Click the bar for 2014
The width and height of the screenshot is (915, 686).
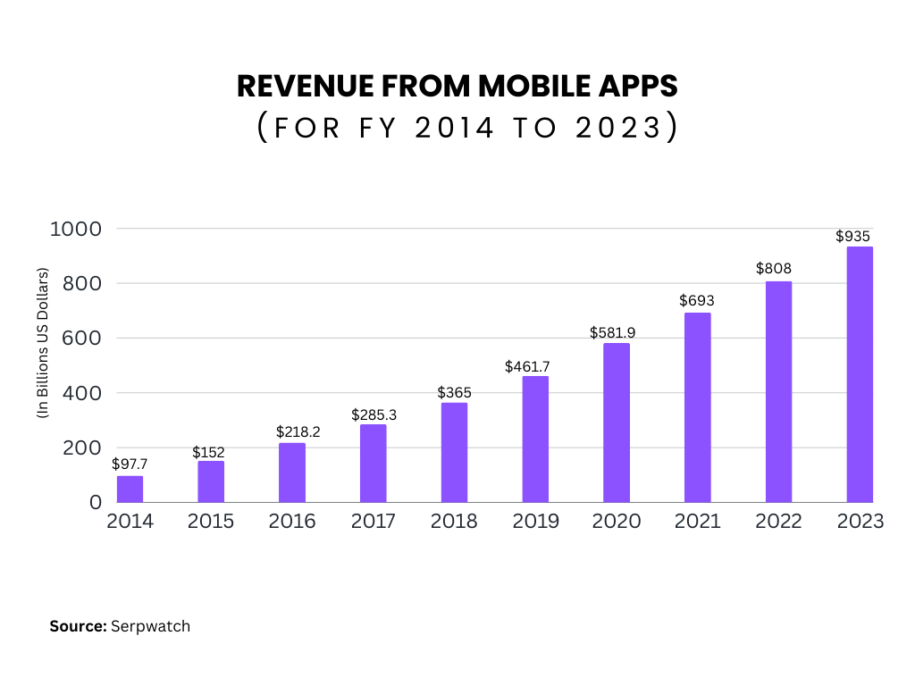pos(130,489)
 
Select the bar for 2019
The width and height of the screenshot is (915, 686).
pos(535,439)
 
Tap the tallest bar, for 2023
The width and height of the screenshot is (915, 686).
pos(860,374)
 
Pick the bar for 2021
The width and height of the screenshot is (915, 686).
pos(697,407)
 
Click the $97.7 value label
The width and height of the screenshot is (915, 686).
pos(130,464)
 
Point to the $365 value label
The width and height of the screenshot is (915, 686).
pos(454,392)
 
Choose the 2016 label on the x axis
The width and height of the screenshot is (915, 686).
pos(291,522)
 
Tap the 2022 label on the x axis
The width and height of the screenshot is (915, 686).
pos(778,522)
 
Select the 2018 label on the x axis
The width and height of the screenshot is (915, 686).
pos(454,522)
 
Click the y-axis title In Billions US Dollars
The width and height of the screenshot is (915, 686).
pos(41,343)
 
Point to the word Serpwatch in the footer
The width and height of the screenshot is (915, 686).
pos(150,626)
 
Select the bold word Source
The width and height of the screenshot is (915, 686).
pos(79,626)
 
